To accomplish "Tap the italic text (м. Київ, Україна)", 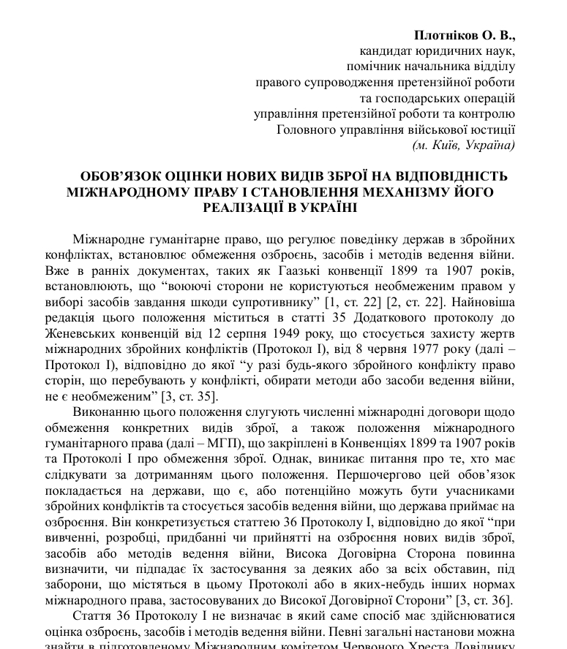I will [x=464, y=145].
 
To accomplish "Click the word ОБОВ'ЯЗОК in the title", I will [x=119, y=177].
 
